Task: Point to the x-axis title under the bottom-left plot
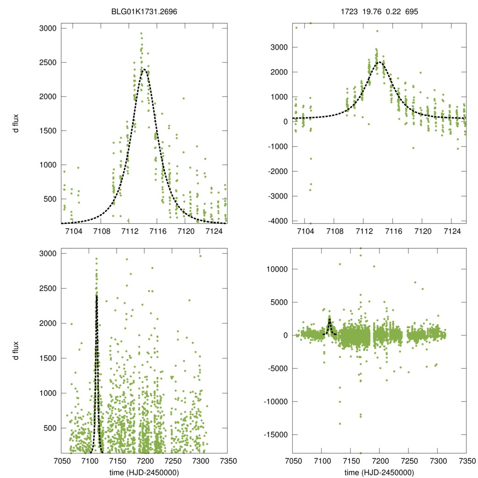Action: (144, 472)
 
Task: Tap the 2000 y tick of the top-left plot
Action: (48, 97)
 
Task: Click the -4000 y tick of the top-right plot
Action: (277, 221)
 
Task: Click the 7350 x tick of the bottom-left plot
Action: (227, 460)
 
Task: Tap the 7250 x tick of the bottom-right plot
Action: (408, 460)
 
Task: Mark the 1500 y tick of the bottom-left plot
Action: (48, 358)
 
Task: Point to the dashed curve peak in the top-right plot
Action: (380, 62)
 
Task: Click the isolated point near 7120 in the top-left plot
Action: (183, 98)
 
